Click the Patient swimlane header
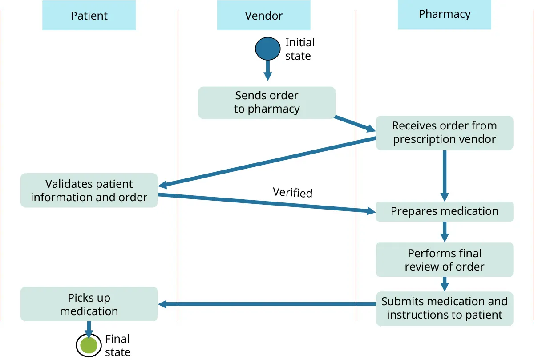(x=89, y=16)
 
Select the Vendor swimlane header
(x=263, y=16)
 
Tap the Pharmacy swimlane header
(x=444, y=14)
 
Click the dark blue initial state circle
(x=267, y=49)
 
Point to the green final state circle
(x=89, y=345)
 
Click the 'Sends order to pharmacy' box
(x=266, y=103)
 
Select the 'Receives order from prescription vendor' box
(x=444, y=133)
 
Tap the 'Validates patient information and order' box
(x=89, y=190)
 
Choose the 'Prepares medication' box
(x=444, y=211)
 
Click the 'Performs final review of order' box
(x=444, y=260)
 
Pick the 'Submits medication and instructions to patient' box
(x=444, y=308)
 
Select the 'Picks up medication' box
(x=89, y=304)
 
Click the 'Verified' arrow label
(x=292, y=192)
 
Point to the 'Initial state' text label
(x=299, y=49)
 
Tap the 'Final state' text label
(x=117, y=345)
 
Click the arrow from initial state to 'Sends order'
(x=267, y=70)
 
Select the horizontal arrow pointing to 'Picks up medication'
(x=267, y=304)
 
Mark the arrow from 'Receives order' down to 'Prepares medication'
(x=444, y=176)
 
